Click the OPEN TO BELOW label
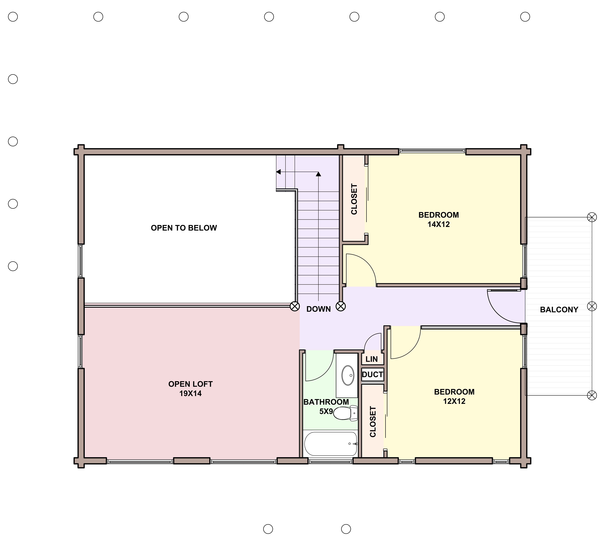click(184, 228)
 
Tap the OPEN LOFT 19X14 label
click(190, 389)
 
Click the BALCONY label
click(559, 310)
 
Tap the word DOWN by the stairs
click(319, 309)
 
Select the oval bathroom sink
click(347, 375)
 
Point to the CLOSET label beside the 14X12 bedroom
click(354, 199)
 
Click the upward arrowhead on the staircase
click(318, 174)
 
